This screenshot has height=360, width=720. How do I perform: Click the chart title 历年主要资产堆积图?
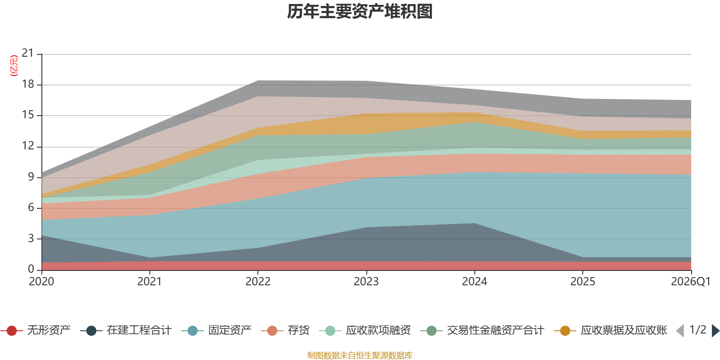click(x=360, y=12)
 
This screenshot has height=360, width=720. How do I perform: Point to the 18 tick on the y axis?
click(x=28, y=84)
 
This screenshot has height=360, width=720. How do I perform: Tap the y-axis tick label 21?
click(x=28, y=53)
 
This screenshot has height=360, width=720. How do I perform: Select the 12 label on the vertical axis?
click(x=28, y=146)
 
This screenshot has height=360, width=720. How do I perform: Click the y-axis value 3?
click(x=31, y=238)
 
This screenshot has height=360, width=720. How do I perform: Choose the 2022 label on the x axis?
click(x=258, y=282)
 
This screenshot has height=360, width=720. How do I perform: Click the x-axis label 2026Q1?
click(x=690, y=282)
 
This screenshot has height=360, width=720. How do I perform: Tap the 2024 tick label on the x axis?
click(x=474, y=282)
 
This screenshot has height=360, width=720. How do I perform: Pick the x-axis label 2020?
click(x=41, y=282)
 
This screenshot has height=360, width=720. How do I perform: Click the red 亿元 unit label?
click(x=14, y=66)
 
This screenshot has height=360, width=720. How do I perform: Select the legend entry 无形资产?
click(x=36, y=330)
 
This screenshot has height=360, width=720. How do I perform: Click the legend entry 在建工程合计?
click(x=126, y=330)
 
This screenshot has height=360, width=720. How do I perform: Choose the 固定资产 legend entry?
click(x=216, y=330)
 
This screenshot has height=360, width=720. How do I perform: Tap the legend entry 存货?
click(x=285, y=330)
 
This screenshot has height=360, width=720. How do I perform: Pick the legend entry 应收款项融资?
click(x=365, y=330)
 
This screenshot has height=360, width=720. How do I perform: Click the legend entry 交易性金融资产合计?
click(x=482, y=330)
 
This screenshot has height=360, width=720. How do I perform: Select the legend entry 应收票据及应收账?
click(x=611, y=330)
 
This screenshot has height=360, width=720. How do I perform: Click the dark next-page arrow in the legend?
click(x=715, y=330)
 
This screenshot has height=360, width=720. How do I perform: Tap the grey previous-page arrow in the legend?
click(x=680, y=330)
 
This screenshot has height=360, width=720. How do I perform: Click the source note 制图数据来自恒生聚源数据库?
click(x=360, y=355)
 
